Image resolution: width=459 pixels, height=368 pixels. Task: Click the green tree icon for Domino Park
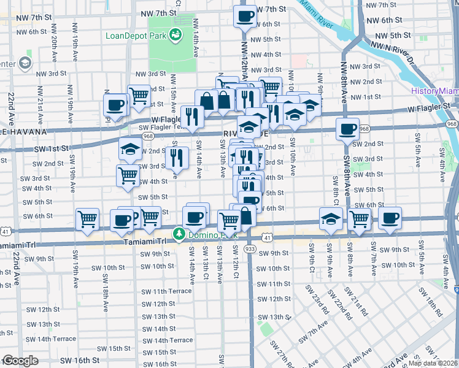tap(179, 234)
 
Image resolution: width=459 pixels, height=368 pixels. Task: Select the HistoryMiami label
tap(434, 91)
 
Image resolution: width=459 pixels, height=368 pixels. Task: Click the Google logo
tap(20, 361)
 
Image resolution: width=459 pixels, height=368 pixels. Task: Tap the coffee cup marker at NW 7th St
tap(245, 17)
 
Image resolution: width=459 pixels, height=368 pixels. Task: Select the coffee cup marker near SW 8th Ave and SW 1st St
tap(347, 129)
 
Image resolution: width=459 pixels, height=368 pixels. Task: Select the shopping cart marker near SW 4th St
tap(128, 175)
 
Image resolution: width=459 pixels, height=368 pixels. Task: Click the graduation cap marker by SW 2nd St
tap(131, 150)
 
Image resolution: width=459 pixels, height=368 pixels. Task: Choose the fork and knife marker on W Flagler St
tap(193, 117)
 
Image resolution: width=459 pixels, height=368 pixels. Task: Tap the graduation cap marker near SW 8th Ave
tap(331, 219)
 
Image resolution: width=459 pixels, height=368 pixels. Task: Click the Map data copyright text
tap(436, 362)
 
